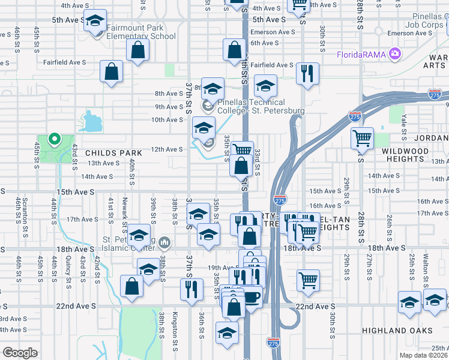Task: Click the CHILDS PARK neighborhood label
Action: (109, 153)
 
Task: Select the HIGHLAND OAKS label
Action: (397, 331)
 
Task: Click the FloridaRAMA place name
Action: (361, 55)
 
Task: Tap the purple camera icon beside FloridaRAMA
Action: (394, 54)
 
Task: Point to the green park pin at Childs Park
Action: (54, 140)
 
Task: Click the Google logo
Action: (20, 353)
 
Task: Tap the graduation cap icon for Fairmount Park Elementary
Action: (95, 22)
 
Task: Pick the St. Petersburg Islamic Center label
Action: (126, 243)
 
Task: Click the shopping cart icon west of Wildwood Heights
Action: (363, 139)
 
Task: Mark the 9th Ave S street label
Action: (169, 107)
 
